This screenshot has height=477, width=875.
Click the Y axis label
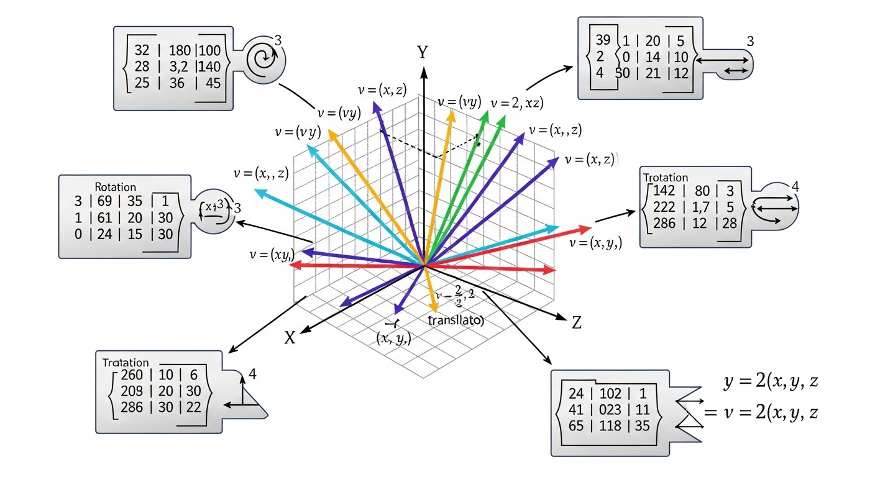point(423,52)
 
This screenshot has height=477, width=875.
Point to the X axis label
point(290,337)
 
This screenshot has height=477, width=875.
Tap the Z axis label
point(577,322)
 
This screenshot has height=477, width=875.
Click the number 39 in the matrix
point(603,41)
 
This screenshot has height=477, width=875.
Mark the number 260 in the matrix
point(128,375)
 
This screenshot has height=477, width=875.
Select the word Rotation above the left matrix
point(116,187)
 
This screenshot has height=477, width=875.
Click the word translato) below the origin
point(457,321)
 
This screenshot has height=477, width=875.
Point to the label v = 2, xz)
point(517,103)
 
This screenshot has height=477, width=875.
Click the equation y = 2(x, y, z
point(770,383)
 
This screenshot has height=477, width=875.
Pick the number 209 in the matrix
point(128,391)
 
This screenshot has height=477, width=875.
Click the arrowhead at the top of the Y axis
point(424,72)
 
